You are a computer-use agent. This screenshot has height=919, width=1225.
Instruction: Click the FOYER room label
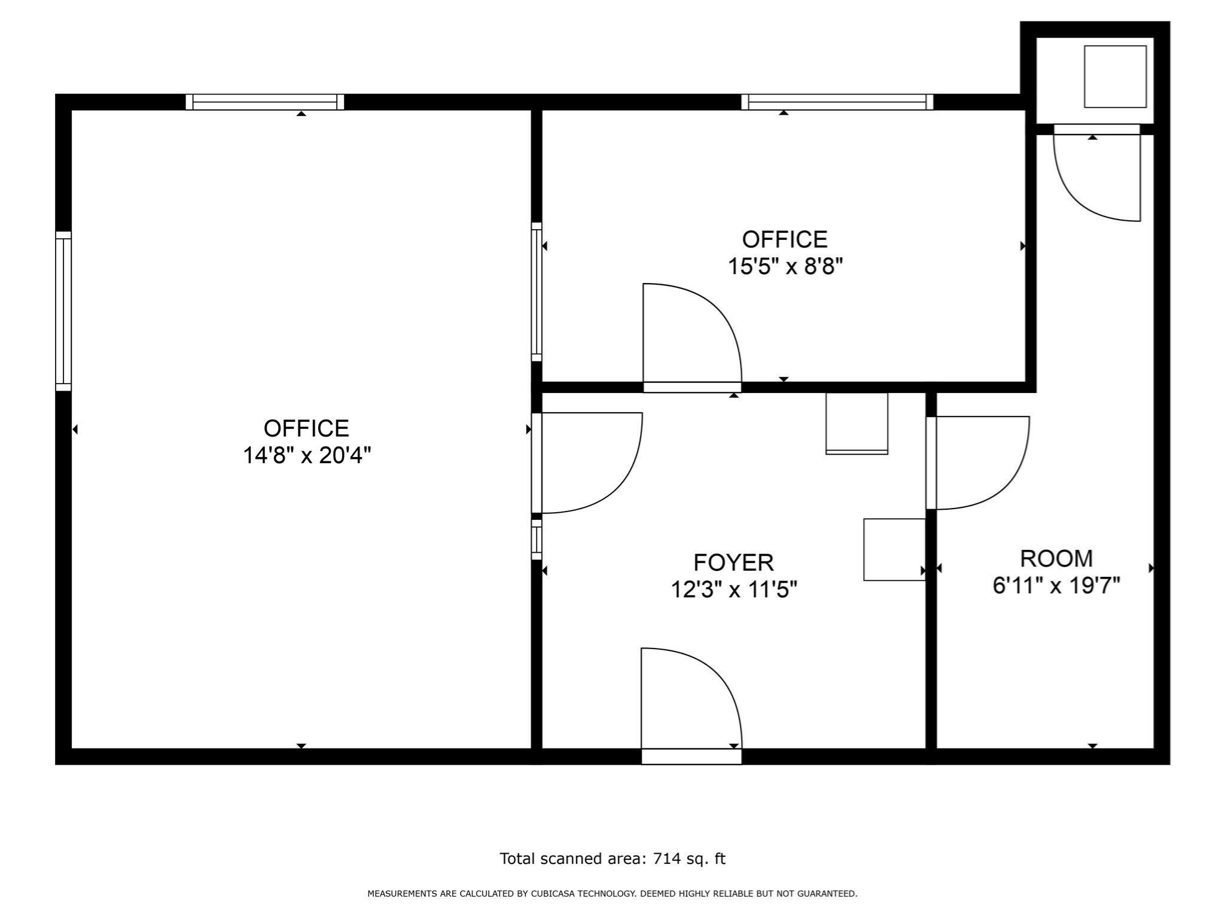[733, 563]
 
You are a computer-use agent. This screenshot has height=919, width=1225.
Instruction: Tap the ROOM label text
[1056, 559]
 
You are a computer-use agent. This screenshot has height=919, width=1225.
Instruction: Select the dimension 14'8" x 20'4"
[307, 456]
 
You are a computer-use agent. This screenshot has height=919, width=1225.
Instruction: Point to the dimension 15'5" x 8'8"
[785, 266]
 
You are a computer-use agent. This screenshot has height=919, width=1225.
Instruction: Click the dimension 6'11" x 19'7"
[1056, 586]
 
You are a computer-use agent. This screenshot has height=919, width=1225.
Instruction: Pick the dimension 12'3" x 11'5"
[734, 590]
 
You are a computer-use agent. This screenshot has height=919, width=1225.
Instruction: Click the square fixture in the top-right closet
[1115, 77]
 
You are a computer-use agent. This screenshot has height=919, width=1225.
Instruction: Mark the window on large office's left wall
[63, 311]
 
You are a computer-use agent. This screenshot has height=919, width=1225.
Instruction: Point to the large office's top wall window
[264, 102]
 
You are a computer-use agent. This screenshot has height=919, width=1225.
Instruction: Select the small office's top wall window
[837, 102]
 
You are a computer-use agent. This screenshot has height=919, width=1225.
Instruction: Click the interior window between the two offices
[537, 292]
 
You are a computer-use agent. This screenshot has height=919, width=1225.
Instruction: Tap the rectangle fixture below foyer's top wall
[857, 423]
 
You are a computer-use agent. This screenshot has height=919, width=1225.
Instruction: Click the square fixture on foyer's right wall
[894, 549]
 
